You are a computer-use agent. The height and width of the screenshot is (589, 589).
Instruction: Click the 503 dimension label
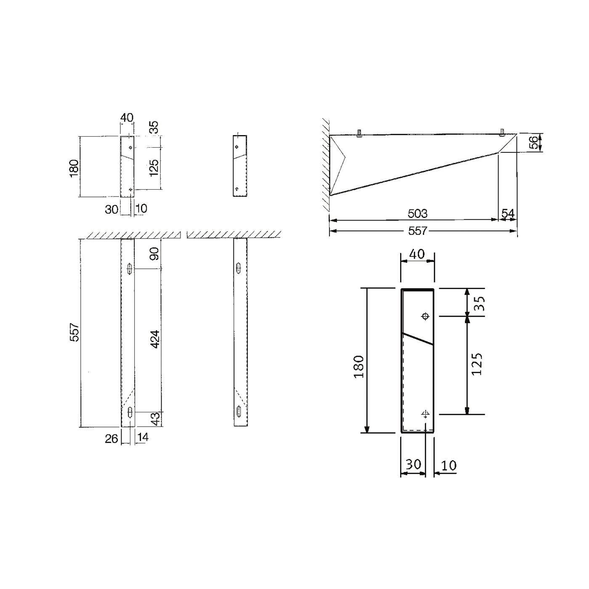click(417, 214)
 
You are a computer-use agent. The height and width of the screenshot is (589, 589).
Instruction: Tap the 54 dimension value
click(508, 214)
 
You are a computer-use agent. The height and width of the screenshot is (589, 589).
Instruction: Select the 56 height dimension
click(534, 143)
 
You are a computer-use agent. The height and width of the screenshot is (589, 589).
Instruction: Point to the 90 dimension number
click(155, 253)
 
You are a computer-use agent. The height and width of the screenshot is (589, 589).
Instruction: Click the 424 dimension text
click(155, 339)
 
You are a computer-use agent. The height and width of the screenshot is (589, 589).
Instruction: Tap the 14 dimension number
click(143, 438)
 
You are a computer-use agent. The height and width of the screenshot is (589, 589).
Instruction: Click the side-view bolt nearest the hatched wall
click(360, 133)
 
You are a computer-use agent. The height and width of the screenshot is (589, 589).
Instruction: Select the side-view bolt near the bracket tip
click(502, 133)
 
